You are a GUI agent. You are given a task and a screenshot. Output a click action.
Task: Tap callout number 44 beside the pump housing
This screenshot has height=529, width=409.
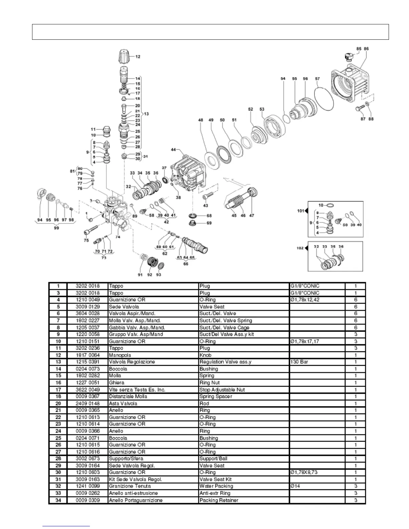173,150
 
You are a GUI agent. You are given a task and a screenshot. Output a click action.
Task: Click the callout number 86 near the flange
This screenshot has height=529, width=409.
366,49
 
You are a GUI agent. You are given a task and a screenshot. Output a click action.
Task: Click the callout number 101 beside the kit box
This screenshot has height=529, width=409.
301,211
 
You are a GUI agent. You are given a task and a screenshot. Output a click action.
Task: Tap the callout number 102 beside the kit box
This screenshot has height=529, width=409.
300,248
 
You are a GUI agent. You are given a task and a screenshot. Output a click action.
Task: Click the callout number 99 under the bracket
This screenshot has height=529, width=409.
56,228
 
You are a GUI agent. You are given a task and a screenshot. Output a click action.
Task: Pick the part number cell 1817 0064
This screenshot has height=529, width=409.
88,355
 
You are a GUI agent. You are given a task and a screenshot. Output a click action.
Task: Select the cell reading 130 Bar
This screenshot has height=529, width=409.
299,362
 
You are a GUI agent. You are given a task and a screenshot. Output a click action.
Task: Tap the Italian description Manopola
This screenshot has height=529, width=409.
120,355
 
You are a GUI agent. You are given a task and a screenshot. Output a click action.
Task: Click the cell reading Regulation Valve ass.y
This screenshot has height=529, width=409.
225,362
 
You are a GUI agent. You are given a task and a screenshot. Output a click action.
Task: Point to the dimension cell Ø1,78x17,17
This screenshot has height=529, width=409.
305,341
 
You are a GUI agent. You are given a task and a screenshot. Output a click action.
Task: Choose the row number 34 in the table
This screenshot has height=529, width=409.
58,500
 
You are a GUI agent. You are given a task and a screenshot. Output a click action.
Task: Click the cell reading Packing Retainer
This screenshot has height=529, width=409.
219,500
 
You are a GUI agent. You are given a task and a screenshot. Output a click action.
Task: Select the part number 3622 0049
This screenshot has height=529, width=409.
88,390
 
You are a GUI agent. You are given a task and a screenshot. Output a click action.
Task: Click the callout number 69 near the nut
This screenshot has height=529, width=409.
209,223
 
